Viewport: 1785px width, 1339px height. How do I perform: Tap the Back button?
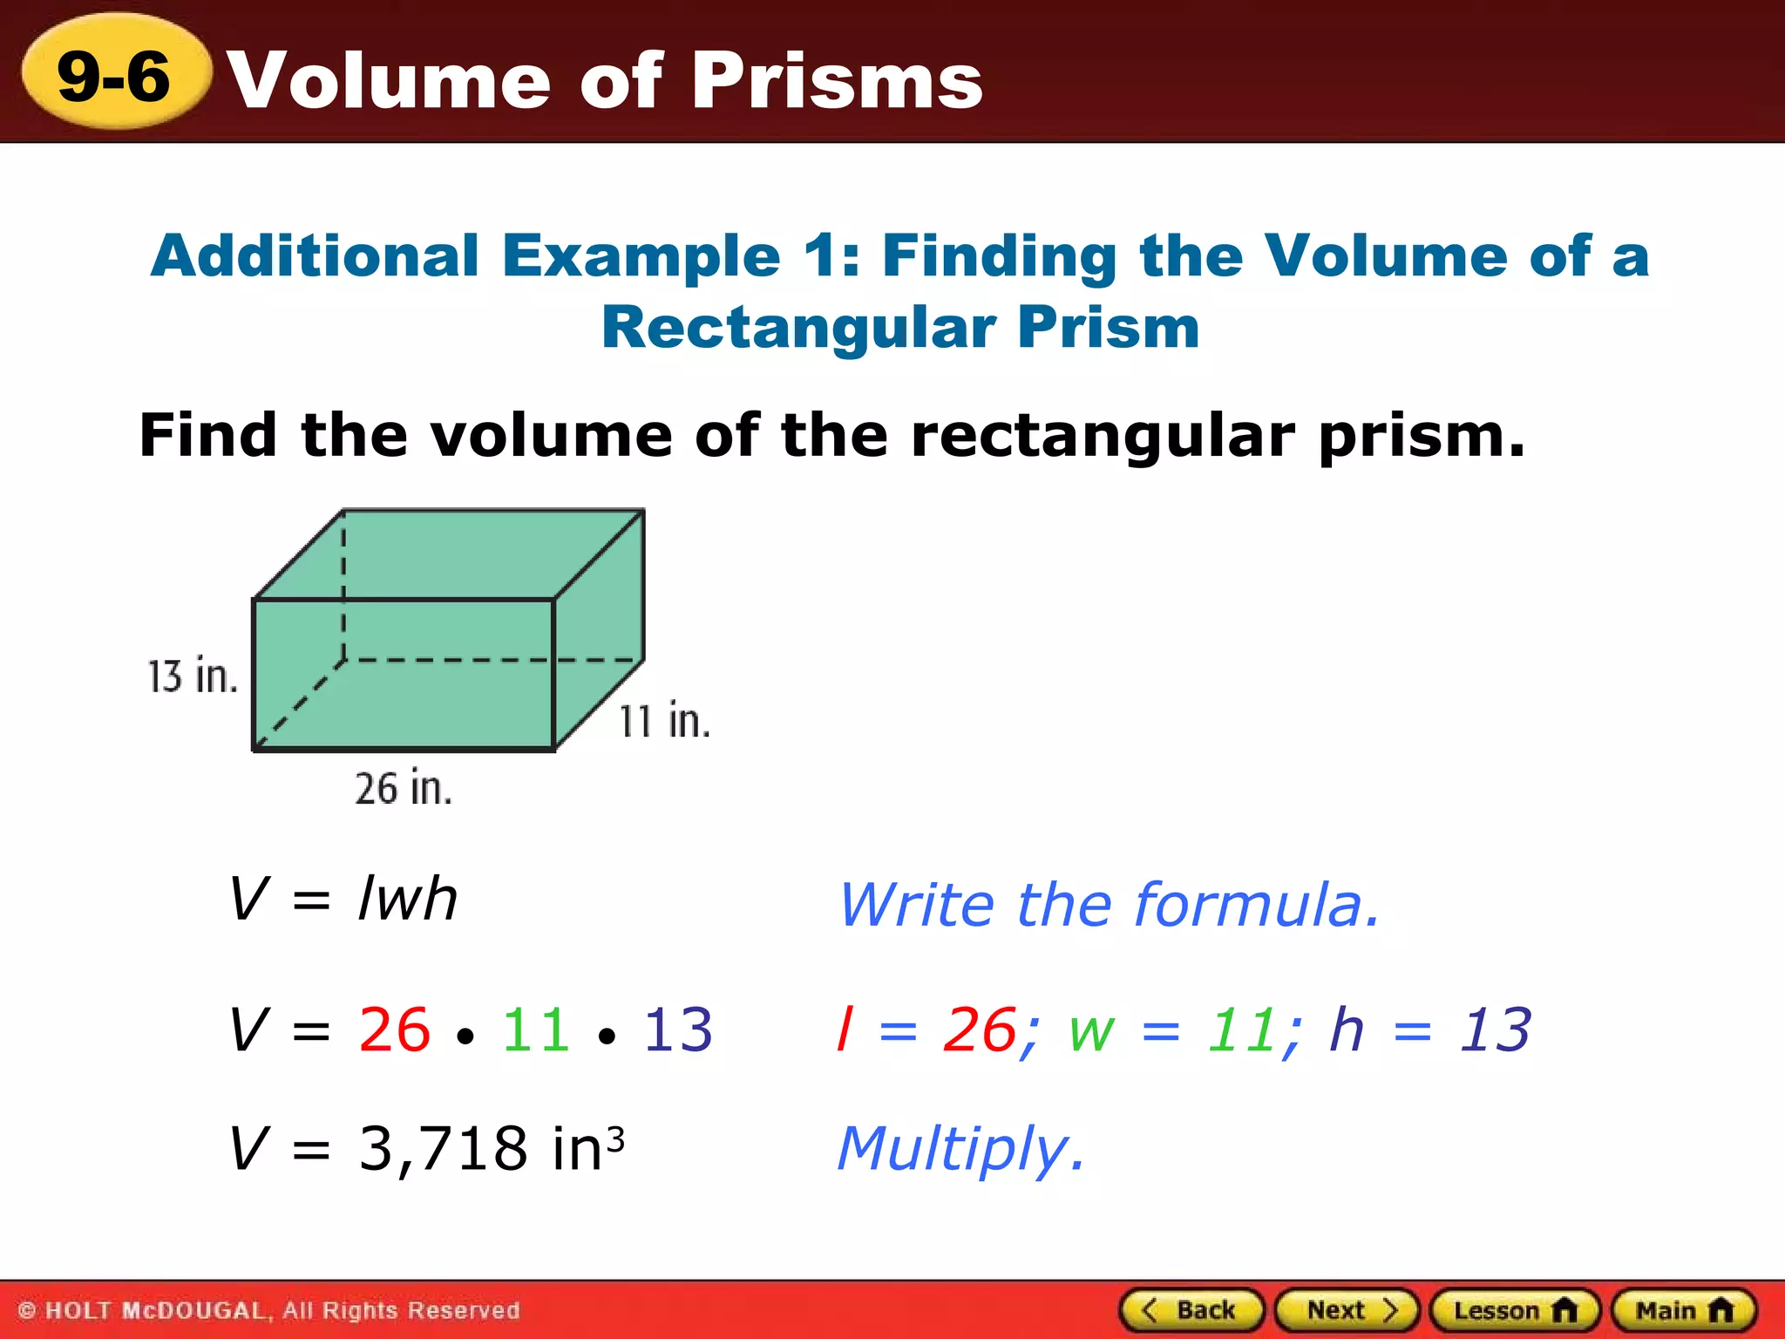click(x=1191, y=1310)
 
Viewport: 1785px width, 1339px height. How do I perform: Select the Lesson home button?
click(x=1515, y=1310)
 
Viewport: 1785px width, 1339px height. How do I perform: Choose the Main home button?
click(x=1684, y=1310)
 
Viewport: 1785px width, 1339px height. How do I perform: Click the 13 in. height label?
click(x=193, y=676)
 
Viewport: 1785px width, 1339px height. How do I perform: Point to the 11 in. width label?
click(x=664, y=721)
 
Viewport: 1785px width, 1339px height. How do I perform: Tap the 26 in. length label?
click(x=404, y=788)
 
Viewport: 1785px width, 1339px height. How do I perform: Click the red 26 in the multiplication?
click(x=394, y=1030)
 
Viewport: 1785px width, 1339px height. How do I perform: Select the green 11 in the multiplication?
click(x=535, y=1030)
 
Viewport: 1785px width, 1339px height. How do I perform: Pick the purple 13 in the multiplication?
click(x=677, y=1030)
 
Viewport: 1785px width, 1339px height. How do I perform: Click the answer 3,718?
click(x=443, y=1148)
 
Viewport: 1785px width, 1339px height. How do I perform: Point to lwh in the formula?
click(x=408, y=898)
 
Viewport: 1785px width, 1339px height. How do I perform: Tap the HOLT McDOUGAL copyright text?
click(x=268, y=1310)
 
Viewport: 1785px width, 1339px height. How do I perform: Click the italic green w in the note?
click(x=1091, y=1030)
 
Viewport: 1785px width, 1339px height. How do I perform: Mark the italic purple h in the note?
click(x=1346, y=1030)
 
